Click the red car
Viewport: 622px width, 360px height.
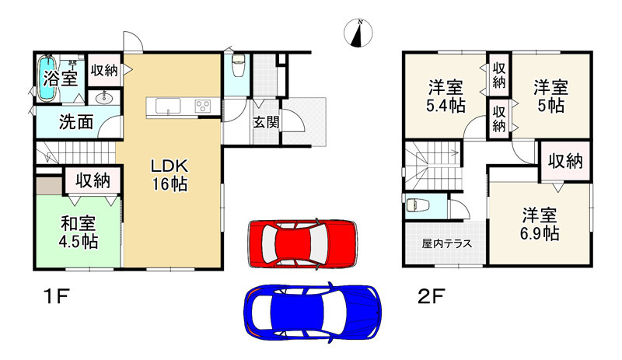coord(302,241)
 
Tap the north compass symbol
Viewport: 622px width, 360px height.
coord(358,33)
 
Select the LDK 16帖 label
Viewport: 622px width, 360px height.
coord(169,176)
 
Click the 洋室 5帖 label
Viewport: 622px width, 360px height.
coord(549,96)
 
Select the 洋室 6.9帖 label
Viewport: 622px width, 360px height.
coord(540,223)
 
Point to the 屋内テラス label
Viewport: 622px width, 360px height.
coord(442,243)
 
